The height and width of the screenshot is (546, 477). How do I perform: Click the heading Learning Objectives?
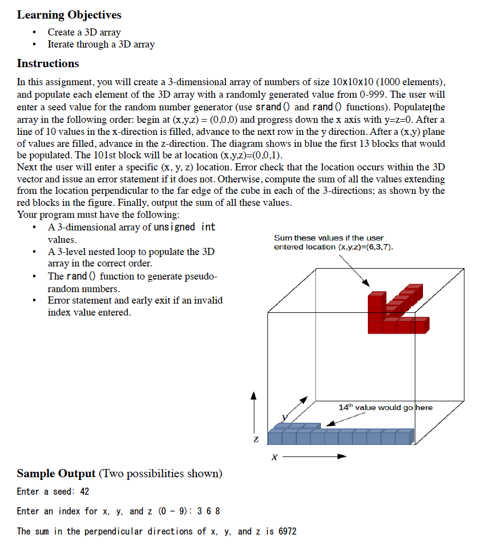(69, 15)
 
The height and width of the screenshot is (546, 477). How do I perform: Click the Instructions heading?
(48, 63)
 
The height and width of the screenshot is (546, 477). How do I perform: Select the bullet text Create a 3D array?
(84, 32)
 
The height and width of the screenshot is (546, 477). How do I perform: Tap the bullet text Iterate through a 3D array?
(101, 45)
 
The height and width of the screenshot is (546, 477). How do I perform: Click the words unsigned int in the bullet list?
(185, 227)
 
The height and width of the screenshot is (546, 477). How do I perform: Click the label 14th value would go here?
(385, 407)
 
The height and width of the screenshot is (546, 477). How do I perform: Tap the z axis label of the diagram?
(254, 439)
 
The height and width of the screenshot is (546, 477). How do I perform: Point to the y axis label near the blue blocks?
(284, 418)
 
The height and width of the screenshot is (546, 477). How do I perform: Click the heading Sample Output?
(56, 473)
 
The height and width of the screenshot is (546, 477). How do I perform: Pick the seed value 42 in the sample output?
(85, 491)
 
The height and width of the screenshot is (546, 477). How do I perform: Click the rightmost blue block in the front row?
(404, 436)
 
